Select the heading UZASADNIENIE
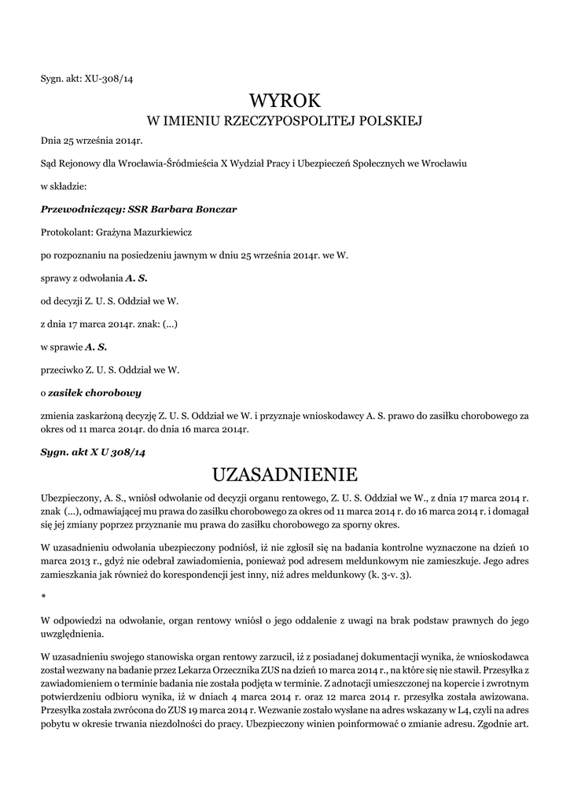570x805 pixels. [x=285, y=474]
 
